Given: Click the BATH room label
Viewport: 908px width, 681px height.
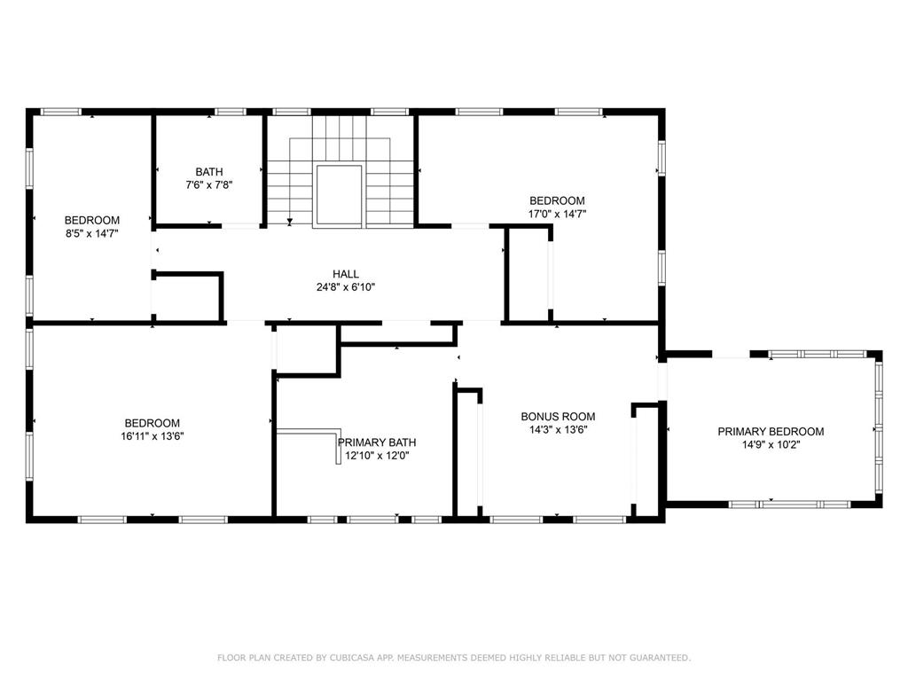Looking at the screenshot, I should tap(209, 172).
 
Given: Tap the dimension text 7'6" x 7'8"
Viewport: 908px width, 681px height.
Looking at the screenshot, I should tap(209, 185).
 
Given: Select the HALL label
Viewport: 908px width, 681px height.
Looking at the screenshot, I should tap(346, 274).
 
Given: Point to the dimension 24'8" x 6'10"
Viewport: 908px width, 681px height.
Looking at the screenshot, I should tap(346, 287).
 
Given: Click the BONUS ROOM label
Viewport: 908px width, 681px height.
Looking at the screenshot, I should tap(558, 416).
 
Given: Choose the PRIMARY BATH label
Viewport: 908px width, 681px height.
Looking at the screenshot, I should tap(377, 442).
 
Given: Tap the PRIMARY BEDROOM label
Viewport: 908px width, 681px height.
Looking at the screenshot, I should tap(771, 432).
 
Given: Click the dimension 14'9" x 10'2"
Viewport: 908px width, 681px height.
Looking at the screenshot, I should tap(771, 445).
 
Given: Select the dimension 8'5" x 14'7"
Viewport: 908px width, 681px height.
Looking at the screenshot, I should tap(91, 233).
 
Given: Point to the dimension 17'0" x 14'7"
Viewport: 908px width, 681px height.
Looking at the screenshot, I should tap(557, 214).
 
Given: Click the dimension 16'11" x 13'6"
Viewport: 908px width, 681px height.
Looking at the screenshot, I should tap(152, 436).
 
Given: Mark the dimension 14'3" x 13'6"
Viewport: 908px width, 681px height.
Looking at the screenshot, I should tap(558, 429).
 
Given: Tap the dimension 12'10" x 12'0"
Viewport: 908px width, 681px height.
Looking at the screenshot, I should tap(377, 456).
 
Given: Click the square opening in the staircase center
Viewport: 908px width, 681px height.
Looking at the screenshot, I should tap(339, 195).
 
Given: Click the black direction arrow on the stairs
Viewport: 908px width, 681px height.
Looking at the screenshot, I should tap(290, 220).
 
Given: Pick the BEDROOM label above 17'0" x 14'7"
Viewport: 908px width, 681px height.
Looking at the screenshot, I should tap(557, 200).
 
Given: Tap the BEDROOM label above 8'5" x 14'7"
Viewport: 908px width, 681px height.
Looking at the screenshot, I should tap(91, 220).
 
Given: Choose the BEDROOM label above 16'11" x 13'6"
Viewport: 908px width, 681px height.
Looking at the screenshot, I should tap(152, 423).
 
